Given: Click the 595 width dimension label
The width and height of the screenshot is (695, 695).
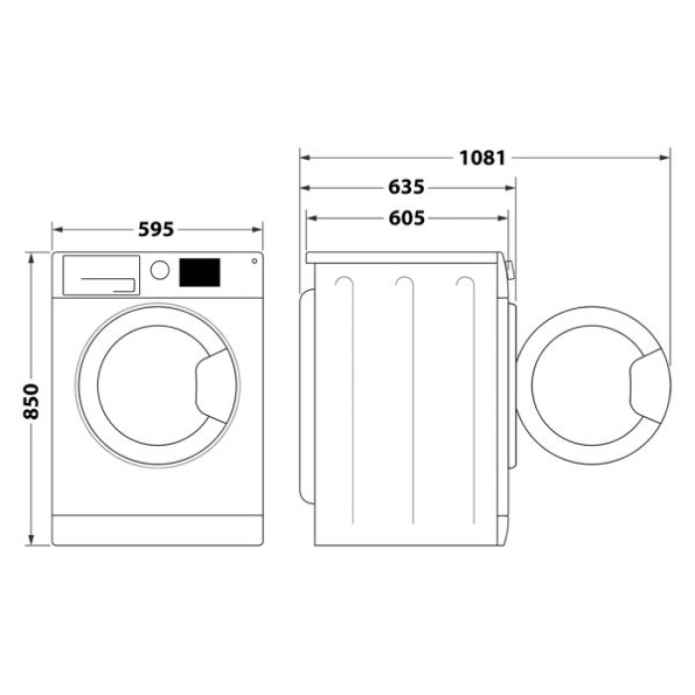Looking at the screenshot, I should coord(156,229).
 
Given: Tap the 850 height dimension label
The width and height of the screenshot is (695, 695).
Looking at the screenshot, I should coord(31,400).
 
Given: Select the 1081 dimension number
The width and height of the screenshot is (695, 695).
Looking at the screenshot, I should coord(483,157).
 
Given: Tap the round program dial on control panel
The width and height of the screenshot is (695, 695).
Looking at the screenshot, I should coord(159,270).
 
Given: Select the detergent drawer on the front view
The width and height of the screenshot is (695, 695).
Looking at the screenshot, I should coord(100,274).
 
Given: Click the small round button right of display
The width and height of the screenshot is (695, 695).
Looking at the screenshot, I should coord(254,262).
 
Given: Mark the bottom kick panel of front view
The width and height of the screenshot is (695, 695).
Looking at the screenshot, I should coord(156,529).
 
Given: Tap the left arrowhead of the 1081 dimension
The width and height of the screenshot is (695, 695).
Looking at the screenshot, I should coord(305,157).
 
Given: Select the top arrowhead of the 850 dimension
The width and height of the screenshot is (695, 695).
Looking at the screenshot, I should coord(31,256).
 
